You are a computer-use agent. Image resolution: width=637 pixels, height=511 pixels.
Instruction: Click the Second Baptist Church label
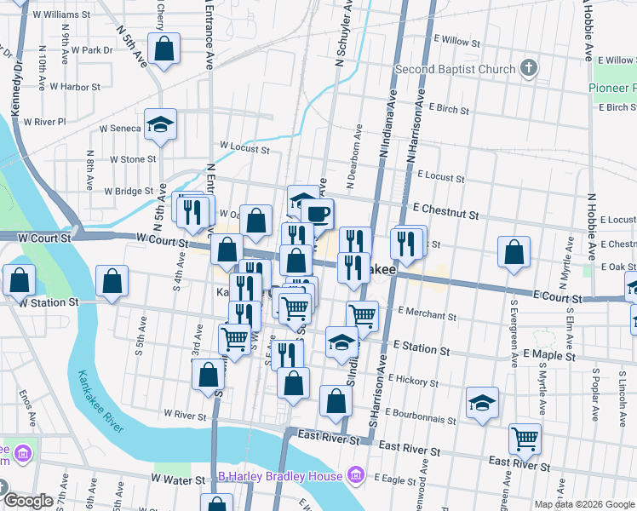[455, 69]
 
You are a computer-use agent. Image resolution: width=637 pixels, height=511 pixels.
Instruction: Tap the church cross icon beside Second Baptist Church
[529, 68]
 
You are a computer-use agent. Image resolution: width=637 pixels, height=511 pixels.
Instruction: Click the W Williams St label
[61, 14]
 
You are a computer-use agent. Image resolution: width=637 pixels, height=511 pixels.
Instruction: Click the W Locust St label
[244, 149]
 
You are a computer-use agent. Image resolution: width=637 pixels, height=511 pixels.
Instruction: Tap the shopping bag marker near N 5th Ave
[164, 49]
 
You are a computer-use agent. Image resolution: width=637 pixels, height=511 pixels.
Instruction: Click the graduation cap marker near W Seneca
[160, 124]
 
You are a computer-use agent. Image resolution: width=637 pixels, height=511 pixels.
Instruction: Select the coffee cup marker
[318, 214]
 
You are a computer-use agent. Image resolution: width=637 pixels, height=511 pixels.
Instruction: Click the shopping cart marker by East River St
[525, 439]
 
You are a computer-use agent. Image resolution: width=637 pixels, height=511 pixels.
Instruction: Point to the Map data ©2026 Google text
[583, 504]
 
